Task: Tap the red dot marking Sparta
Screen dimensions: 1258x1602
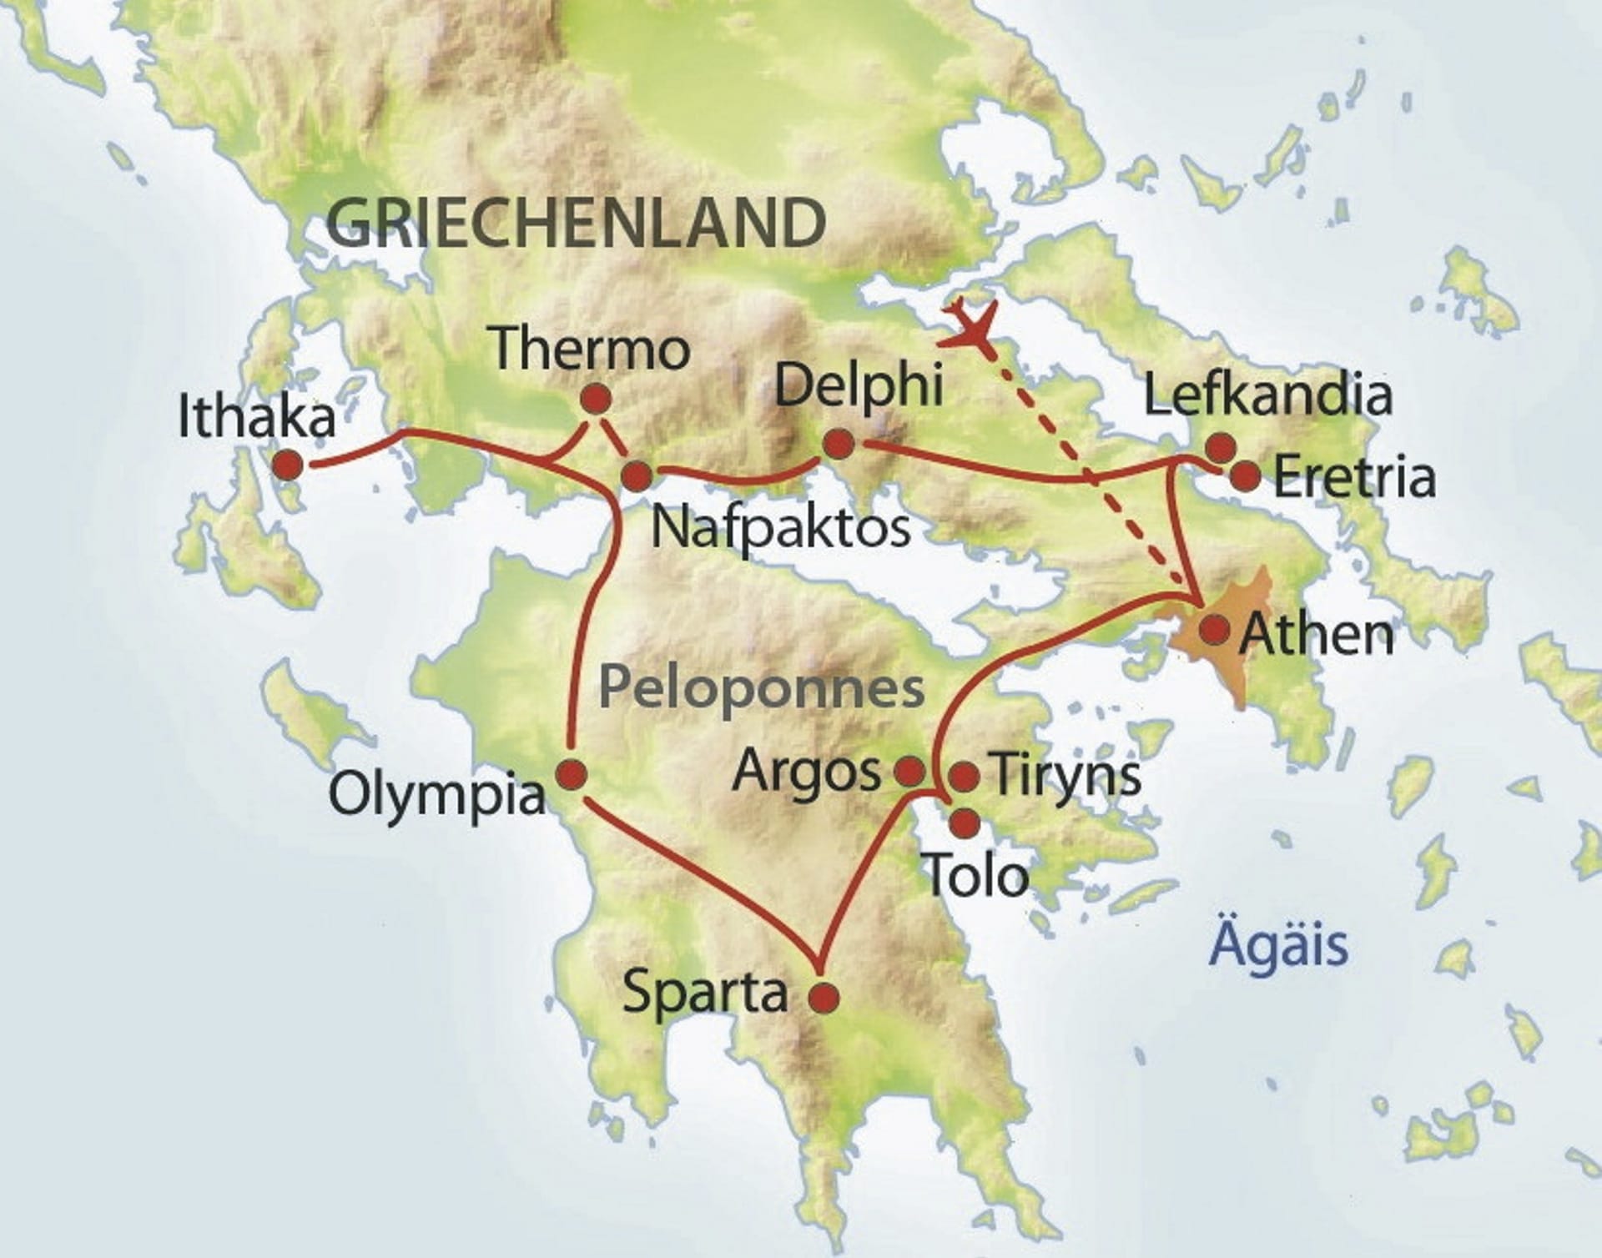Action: (x=824, y=997)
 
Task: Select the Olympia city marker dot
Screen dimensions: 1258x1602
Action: (x=572, y=775)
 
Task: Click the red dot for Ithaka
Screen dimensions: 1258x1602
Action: (x=289, y=465)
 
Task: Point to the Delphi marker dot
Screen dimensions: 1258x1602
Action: (x=839, y=445)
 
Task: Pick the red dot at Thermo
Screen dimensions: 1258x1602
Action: (x=596, y=400)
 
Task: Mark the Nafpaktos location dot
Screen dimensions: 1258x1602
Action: (x=637, y=476)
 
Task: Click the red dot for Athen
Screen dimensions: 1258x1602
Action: (x=1215, y=630)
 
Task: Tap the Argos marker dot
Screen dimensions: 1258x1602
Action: (x=909, y=772)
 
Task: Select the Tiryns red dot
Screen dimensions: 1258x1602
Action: (x=965, y=777)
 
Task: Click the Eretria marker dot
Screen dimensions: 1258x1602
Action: (x=1246, y=476)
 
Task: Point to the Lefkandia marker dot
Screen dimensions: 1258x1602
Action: (x=1221, y=447)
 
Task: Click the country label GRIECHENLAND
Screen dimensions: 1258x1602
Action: (x=576, y=223)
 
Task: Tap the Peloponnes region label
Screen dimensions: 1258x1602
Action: (x=761, y=688)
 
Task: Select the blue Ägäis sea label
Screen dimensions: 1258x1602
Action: (x=1278, y=944)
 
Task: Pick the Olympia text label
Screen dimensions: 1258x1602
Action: (x=437, y=794)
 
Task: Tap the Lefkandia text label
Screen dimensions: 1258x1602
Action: (x=1267, y=395)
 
